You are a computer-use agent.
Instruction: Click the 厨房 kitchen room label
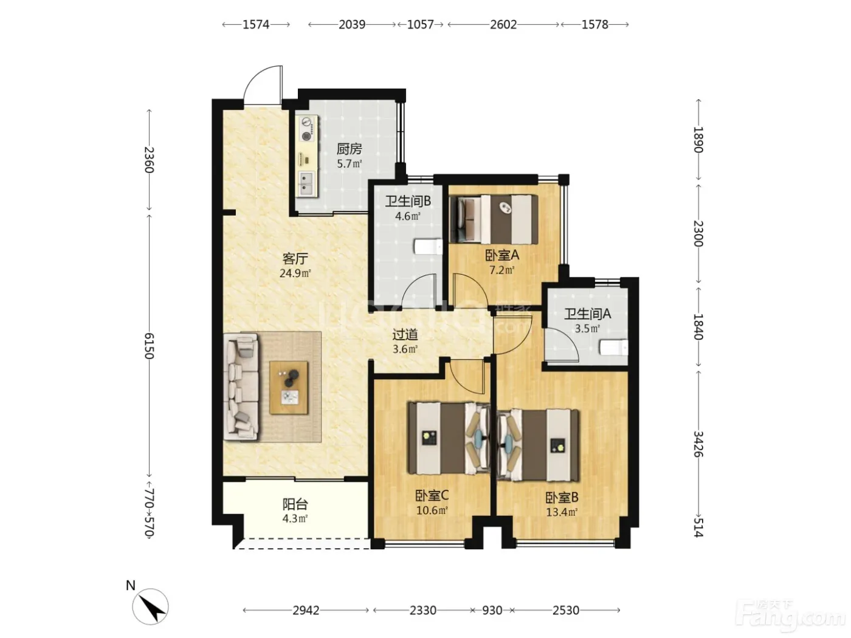pyautogui.click(x=349, y=149)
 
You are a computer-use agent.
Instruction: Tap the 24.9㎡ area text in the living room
pyautogui.click(x=295, y=273)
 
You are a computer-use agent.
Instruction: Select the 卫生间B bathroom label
pyautogui.click(x=408, y=201)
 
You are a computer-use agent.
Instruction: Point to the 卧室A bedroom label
pyautogui.click(x=502, y=255)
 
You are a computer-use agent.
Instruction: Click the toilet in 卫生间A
pyautogui.click(x=613, y=347)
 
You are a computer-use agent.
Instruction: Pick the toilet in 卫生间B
pyautogui.click(x=428, y=246)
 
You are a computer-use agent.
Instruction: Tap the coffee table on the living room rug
pyautogui.click(x=289, y=388)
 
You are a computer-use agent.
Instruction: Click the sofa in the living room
pyautogui.click(x=241, y=388)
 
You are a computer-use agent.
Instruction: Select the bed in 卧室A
pyautogui.click(x=494, y=219)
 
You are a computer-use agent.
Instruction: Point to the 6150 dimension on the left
pyautogui.click(x=150, y=346)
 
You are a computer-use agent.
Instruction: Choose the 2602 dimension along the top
pyautogui.click(x=503, y=25)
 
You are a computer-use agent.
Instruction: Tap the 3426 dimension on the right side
pyautogui.click(x=698, y=444)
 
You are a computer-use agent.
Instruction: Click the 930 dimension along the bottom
pyautogui.click(x=492, y=611)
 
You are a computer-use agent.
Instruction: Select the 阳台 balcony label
pyautogui.click(x=295, y=504)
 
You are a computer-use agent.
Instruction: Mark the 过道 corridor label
pyautogui.click(x=405, y=334)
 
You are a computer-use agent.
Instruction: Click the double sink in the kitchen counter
pyautogui.click(x=306, y=184)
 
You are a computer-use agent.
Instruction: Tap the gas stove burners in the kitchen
pyautogui.click(x=308, y=129)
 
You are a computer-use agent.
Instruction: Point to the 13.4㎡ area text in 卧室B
pyautogui.click(x=562, y=512)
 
